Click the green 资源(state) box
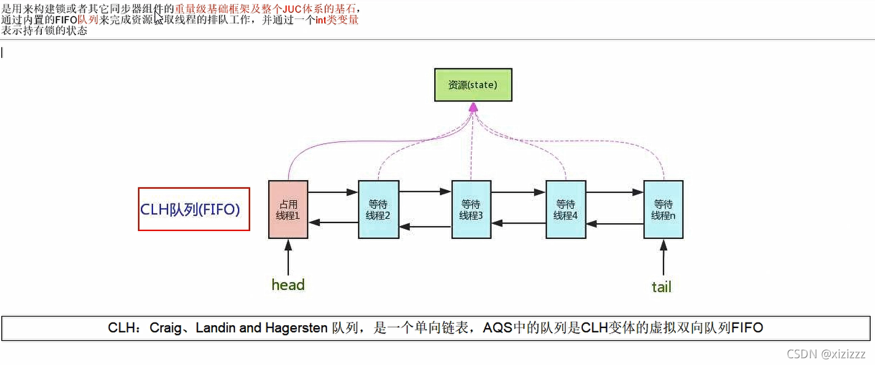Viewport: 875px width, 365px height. coord(472,85)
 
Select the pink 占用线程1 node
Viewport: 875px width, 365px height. coord(288,210)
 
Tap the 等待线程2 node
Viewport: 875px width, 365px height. coord(378,210)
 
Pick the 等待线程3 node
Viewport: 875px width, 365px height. coord(471,210)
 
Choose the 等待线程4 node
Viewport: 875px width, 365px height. coord(566,210)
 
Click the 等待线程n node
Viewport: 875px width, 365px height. coord(663,210)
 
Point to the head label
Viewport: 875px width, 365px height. coord(288,285)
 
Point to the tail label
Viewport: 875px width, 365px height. coord(662,287)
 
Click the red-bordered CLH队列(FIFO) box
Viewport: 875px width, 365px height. coord(194,209)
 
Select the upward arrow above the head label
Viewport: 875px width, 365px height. coord(288,256)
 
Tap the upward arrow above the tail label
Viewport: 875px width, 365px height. coord(663,257)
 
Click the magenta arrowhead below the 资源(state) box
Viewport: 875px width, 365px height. coord(473,108)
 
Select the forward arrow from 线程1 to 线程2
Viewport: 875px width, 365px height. coord(332,192)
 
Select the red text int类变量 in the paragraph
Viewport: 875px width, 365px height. coord(337,20)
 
